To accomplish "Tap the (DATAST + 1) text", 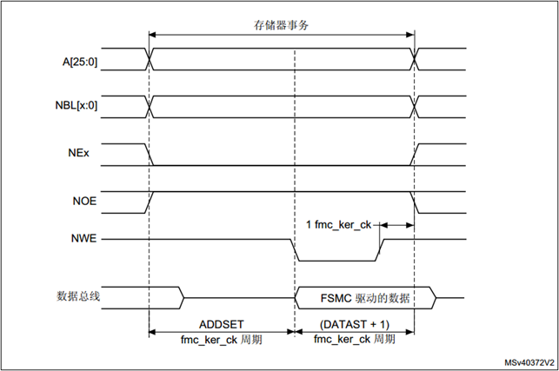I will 355,322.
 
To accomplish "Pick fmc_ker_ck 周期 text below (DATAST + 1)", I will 355,339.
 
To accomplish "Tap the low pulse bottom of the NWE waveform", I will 337,260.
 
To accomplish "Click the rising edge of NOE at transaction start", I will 152,201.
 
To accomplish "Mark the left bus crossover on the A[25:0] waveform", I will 150,60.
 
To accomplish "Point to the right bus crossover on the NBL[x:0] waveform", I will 415,107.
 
